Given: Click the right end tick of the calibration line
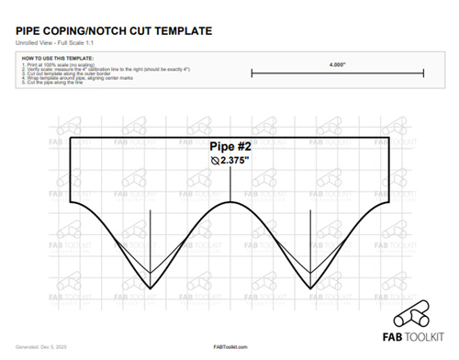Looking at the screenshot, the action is coord(422,73).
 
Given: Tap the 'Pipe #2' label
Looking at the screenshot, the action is coord(229,146).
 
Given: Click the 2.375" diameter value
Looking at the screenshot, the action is coord(238,160).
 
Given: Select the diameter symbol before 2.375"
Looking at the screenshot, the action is coord(214,160).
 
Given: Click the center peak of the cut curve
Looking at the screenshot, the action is coord(229,200).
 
